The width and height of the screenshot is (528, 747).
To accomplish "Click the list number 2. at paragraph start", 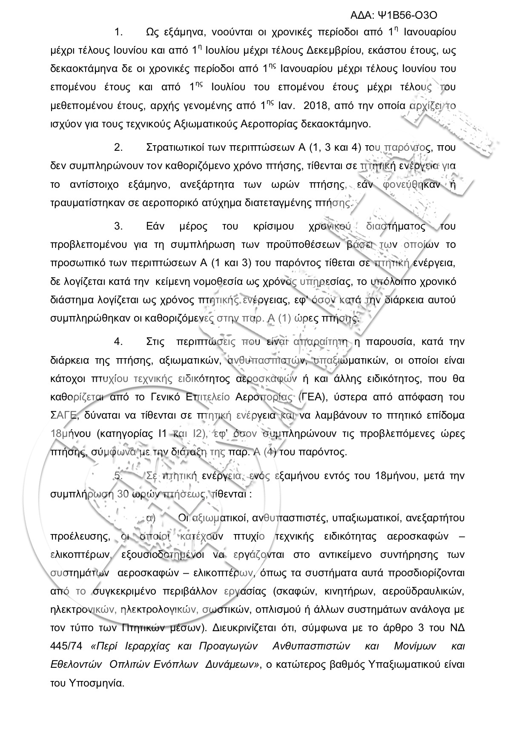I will click(x=118, y=148).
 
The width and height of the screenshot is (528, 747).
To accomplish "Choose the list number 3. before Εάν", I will click(x=118, y=226).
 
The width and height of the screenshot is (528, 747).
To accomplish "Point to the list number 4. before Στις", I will click(x=118, y=342).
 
